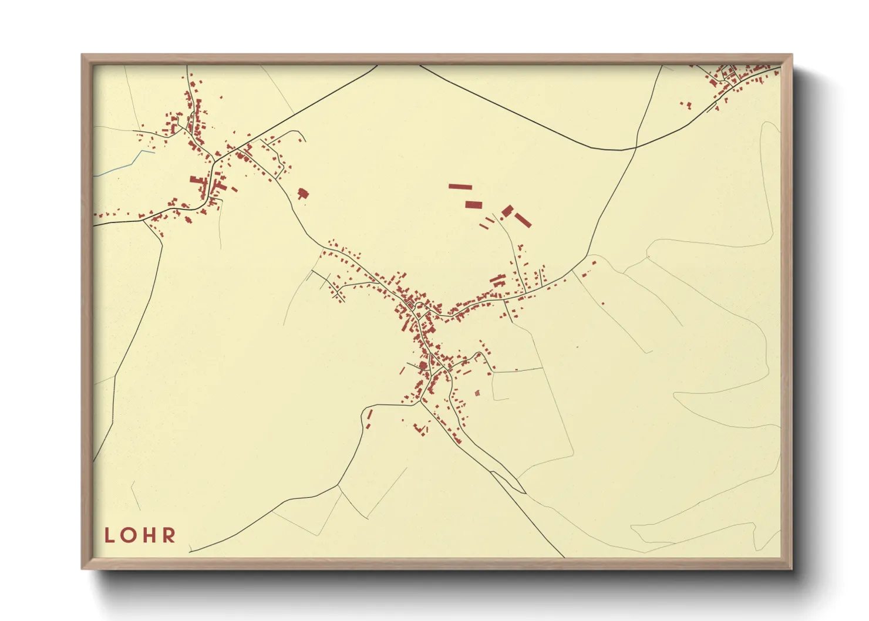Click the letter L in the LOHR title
coord(109,535)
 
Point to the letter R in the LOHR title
coord(169,535)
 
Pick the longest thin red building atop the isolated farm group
coord(460,187)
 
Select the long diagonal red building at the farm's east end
coord(523,220)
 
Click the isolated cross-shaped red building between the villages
coord(303,194)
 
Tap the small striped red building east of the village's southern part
coord(477,393)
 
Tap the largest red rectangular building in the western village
coord(196,180)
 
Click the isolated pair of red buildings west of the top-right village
coord(685,106)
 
